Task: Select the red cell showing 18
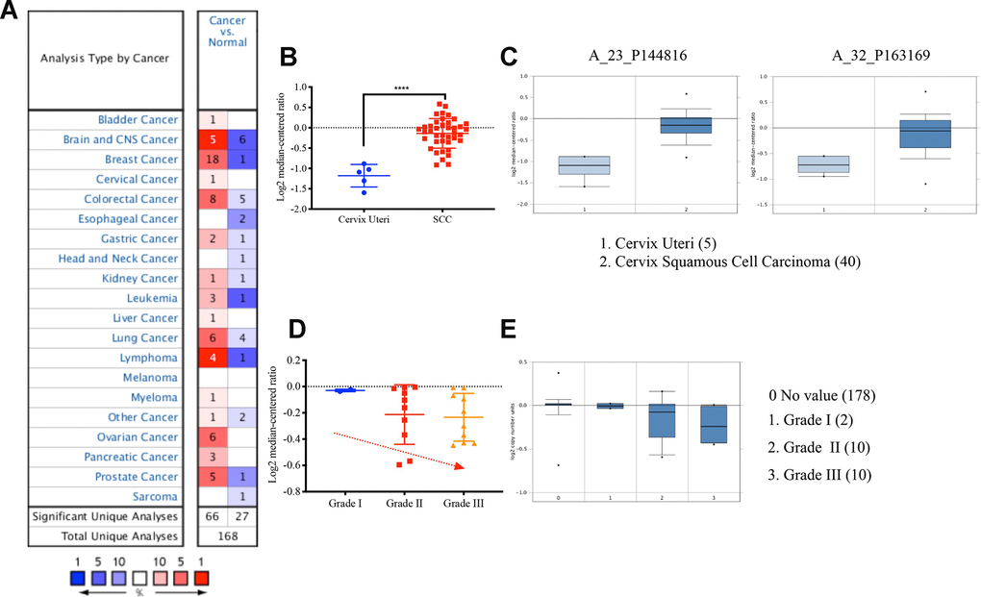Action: pyautogui.click(x=213, y=160)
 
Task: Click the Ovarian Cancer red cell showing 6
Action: pyautogui.click(x=213, y=437)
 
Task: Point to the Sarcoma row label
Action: pyautogui.click(x=155, y=497)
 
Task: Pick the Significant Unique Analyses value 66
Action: pyautogui.click(x=213, y=517)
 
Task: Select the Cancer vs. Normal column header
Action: pyautogui.click(x=227, y=35)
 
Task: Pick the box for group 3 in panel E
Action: pyautogui.click(x=713, y=423)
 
